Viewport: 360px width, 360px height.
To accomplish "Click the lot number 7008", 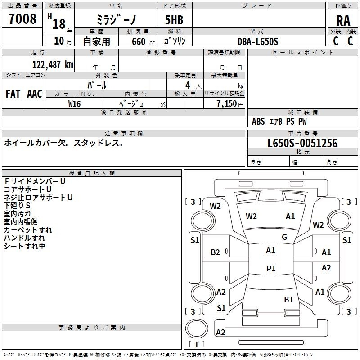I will click(x=22, y=19).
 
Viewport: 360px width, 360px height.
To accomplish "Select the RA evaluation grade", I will click(x=343, y=20).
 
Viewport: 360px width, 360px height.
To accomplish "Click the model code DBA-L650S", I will click(x=258, y=41).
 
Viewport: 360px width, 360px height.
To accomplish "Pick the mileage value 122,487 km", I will click(x=53, y=64).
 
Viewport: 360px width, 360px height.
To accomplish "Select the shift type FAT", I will click(x=13, y=94).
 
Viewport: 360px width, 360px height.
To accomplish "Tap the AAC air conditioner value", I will click(x=34, y=94).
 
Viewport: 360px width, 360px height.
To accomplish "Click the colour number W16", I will click(x=74, y=103).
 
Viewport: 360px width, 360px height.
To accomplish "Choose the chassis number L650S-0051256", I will click(x=302, y=144).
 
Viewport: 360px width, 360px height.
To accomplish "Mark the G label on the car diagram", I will click(x=284, y=237).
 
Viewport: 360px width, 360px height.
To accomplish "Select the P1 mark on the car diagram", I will click(x=270, y=268).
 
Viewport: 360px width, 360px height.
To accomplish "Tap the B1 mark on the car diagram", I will click(x=288, y=299).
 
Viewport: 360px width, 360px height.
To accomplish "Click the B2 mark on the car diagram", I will click(x=216, y=252).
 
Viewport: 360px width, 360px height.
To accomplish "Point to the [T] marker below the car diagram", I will click(x=197, y=345).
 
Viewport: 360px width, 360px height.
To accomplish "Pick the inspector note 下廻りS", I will click(x=17, y=205).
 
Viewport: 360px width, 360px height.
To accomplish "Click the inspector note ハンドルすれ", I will click(x=24, y=238).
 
